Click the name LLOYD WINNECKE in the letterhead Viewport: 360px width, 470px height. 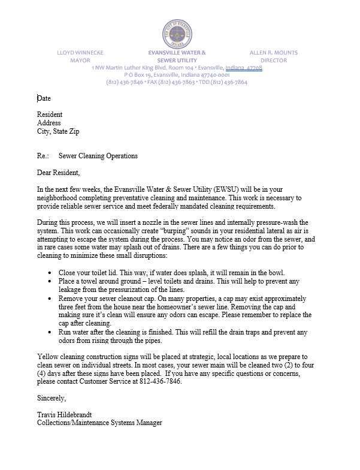pos(80,53)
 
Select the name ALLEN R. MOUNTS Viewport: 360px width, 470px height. pos(274,53)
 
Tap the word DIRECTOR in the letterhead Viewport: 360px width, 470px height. pos(274,61)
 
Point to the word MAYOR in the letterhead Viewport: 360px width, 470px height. pos(80,61)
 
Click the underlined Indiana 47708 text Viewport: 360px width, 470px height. pos(244,68)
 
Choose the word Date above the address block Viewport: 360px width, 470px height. pos(44,98)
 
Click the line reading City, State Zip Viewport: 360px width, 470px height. pos(58,131)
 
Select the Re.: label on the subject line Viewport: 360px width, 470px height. pos(43,156)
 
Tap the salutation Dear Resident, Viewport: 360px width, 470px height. pos(59,173)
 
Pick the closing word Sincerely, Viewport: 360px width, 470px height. pos(52,398)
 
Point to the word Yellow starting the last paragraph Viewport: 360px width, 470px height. pos(47,356)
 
